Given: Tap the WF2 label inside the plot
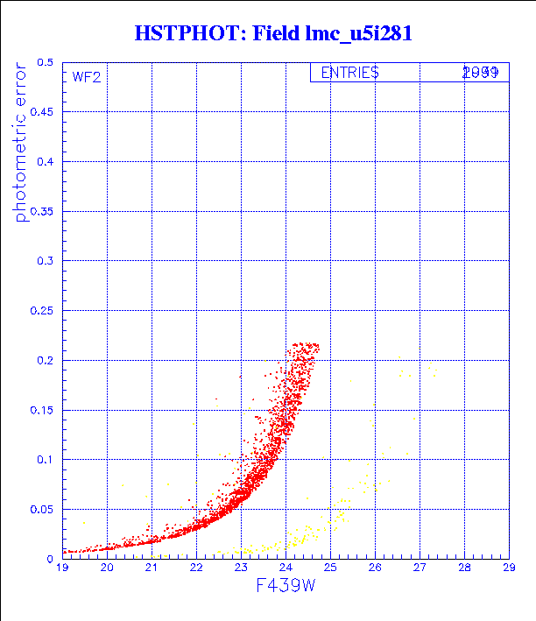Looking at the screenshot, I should (87, 77).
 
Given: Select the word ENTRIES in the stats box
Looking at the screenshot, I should (349, 73).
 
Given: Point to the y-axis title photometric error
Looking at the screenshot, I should (21, 144).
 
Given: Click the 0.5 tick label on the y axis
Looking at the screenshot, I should (45, 63).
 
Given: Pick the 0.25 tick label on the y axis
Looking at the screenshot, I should (41, 311).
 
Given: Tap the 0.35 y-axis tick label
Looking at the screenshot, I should (41, 212).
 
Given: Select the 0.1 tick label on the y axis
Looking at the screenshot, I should (45, 459).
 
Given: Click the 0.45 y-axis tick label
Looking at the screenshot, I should (41, 113).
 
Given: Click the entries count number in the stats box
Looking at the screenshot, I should (481, 73).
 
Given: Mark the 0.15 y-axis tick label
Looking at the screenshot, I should (41, 410).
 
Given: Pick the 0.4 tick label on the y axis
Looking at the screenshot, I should (45, 162).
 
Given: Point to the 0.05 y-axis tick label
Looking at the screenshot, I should (41, 509).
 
